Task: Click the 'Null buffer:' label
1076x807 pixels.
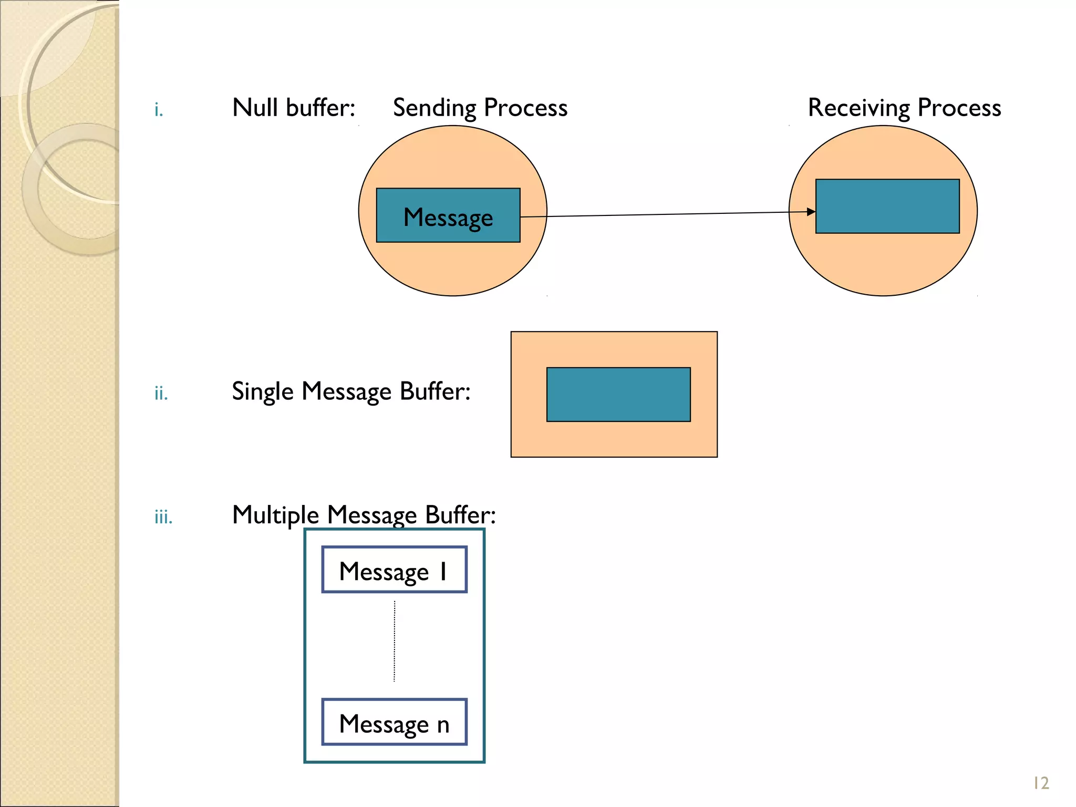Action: (294, 108)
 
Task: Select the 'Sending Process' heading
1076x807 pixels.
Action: (480, 108)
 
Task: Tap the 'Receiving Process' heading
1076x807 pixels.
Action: (904, 108)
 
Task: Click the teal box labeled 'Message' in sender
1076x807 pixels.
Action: (448, 215)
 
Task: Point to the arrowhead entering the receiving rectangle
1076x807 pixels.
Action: (811, 212)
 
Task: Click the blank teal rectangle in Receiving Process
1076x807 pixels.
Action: (887, 206)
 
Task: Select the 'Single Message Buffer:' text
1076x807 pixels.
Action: (351, 391)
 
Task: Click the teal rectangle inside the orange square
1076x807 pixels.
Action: (618, 395)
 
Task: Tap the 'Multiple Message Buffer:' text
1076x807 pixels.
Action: (364, 515)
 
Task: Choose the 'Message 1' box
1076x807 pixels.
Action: (394, 570)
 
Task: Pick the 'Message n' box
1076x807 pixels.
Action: (394, 722)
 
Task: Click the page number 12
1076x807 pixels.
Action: (1041, 783)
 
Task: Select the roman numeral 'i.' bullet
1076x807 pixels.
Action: (159, 110)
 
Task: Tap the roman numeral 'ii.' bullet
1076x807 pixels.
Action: (161, 393)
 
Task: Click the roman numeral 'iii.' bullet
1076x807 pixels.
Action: (163, 517)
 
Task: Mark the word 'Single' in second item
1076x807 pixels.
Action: (262, 391)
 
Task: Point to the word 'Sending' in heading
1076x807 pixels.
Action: (434, 108)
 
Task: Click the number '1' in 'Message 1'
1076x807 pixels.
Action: (443, 571)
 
